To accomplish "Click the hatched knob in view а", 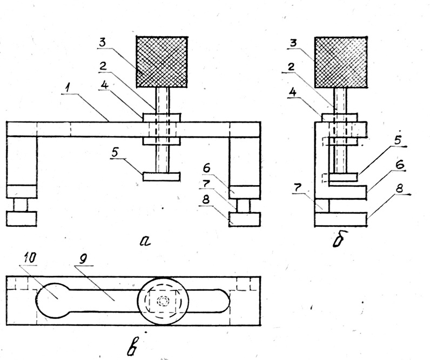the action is pos(162,62).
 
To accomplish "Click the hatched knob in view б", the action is pos(341,62).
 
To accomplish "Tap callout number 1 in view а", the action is pos(68,88).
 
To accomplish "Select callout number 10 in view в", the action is pos(29,257).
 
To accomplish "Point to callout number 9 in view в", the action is pos(82,259).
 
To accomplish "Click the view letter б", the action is pos(340,239).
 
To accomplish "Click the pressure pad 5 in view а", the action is pos(162,176).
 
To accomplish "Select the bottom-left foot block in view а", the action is pos(22,219).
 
